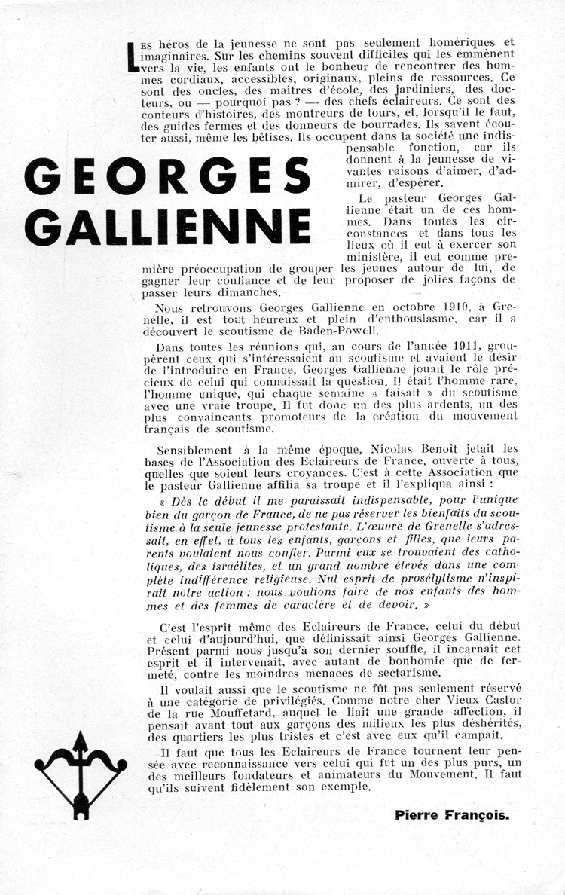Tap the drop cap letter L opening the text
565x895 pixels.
tap(133, 57)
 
